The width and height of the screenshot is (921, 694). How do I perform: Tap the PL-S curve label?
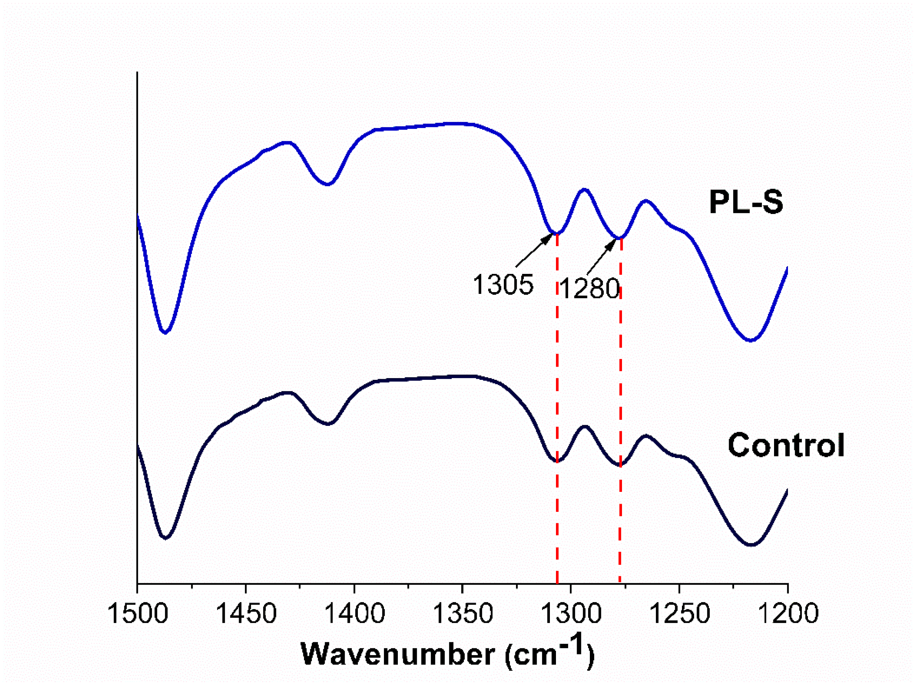click(746, 202)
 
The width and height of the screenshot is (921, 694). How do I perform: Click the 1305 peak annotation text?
click(503, 285)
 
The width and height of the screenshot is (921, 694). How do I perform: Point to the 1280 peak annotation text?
click(589, 288)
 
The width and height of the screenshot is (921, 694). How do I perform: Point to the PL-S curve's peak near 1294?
click(584, 190)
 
